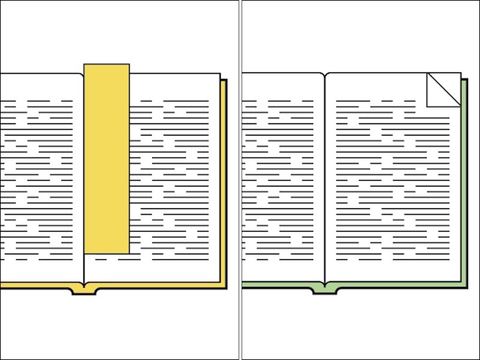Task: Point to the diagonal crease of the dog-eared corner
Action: [444, 90]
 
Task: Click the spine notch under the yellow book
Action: [84, 291]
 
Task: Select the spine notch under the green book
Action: [325, 290]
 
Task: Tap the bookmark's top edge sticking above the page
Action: [106, 68]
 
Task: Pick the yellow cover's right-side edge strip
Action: [224, 180]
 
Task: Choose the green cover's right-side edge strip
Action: [464, 180]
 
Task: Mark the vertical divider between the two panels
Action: [240, 180]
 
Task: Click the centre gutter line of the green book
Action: [325, 180]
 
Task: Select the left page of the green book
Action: [282, 180]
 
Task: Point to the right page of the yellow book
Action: [174, 180]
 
